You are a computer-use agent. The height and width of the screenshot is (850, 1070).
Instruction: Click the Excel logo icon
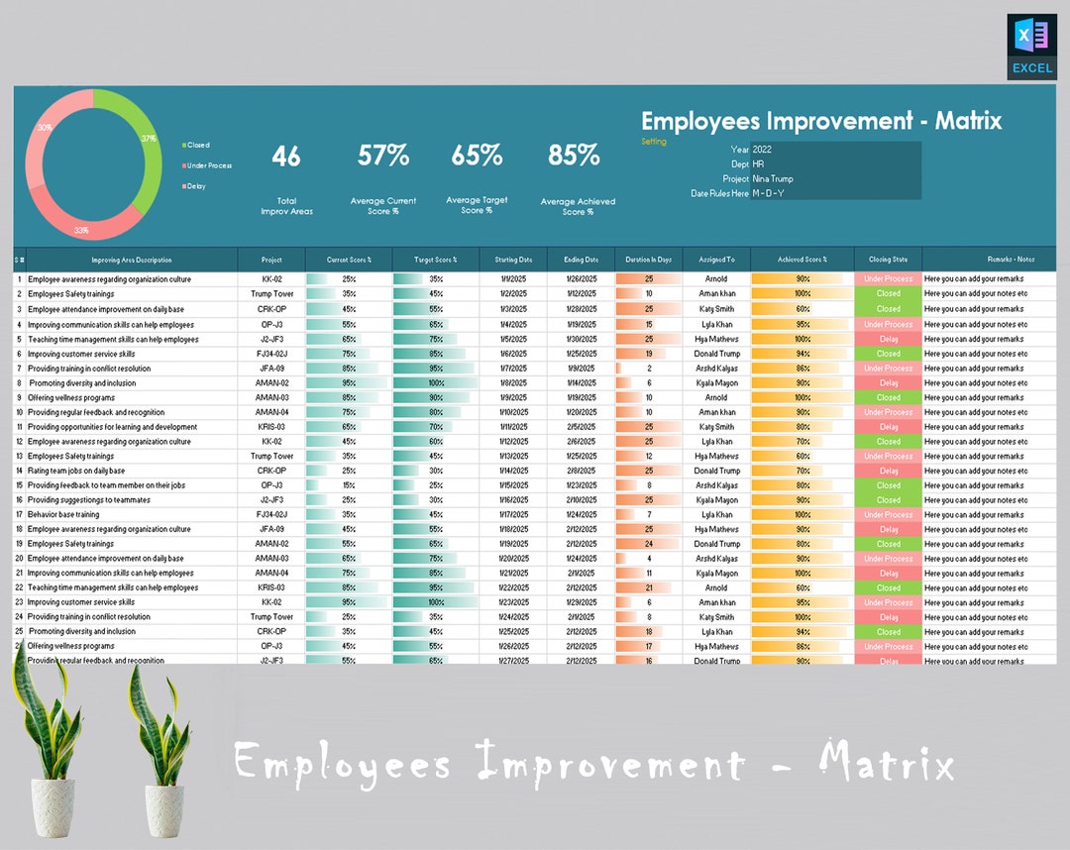point(1030,46)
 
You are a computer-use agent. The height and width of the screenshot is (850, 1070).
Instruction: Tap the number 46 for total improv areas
point(286,156)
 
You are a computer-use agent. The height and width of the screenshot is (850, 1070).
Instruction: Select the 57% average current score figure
point(383,156)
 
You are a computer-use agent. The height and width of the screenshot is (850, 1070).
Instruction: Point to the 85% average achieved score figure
point(574,156)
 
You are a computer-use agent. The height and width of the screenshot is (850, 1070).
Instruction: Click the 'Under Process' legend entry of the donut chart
point(208,165)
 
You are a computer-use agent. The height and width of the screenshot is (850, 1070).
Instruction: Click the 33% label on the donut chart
point(81,230)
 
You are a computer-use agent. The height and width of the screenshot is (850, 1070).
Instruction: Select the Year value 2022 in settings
point(762,150)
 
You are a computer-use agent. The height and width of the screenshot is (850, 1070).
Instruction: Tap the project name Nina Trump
point(773,179)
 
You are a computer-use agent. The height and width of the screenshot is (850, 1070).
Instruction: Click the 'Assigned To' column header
point(716,260)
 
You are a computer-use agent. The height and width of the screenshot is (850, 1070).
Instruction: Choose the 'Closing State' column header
point(888,260)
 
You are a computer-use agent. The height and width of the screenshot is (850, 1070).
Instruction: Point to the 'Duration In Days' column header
point(649,260)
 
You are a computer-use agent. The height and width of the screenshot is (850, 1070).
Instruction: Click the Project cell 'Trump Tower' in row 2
point(271,294)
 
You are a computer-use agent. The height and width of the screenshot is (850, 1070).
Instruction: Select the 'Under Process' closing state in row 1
point(888,279)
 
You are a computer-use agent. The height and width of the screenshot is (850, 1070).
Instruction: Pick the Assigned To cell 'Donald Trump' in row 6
point(716,354)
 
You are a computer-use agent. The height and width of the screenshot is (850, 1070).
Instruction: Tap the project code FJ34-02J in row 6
point(271,354)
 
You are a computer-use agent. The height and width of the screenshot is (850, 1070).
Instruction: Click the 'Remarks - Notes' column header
point(1010,260)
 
